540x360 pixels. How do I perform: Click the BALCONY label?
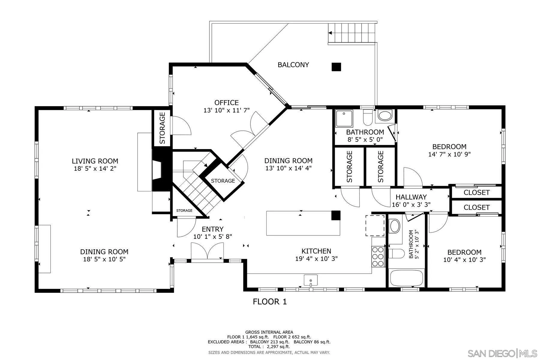(293, 65)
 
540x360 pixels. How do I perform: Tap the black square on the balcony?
(336, 67)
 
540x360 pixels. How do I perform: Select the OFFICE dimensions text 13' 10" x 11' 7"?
(226, 110)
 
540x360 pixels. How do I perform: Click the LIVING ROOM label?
(95, 161)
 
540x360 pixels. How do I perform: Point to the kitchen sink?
(310, 280)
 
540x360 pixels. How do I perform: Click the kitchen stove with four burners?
(378, 256)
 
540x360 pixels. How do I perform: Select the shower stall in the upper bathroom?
(344, 118)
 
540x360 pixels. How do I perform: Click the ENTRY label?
(212, 229)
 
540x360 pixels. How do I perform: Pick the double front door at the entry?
(207, 251)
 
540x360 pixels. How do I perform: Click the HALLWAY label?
(411, 197)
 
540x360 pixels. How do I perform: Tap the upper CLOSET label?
(476, 193)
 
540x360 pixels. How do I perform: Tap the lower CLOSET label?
(476, 208)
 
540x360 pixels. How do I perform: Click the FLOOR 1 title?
(270, 301)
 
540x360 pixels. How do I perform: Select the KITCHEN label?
(316, 251)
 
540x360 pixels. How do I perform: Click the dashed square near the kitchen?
(375, 225)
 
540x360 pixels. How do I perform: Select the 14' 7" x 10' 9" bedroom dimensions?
(449, 154)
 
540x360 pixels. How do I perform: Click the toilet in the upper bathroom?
(367, 117)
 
